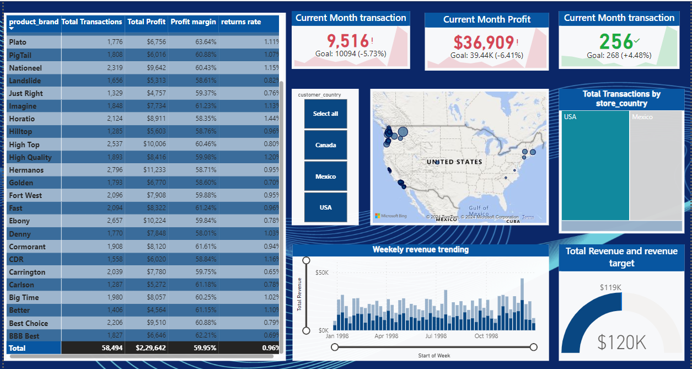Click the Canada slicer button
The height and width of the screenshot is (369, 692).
pos(326,145)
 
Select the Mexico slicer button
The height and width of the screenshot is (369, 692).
pos(326,177)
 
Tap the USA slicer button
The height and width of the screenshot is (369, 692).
pos(326,207)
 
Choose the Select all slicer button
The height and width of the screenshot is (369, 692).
pos(326,114)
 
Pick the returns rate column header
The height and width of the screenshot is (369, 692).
pos(241,22)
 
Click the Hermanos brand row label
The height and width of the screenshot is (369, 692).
pos(26,170)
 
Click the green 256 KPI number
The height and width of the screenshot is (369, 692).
pos(615,42)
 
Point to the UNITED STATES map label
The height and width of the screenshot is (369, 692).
pos(454,162)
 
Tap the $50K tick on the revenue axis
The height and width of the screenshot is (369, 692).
pos(322,272)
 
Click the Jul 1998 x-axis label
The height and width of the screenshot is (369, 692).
pos(436,336)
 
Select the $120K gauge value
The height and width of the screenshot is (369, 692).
pos(621,343)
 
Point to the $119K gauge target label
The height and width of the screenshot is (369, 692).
pos(610,287)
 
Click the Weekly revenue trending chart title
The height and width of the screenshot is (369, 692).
pos(420,250)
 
